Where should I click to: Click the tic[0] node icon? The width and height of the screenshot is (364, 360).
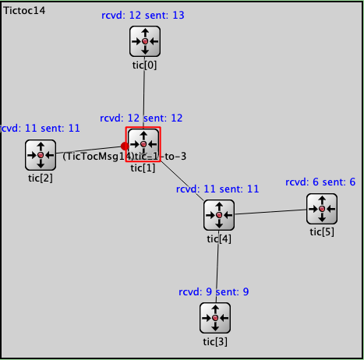point(145,41)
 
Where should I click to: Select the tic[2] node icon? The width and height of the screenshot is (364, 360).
point(41,155)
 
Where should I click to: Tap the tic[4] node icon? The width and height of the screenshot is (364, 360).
point(219,215)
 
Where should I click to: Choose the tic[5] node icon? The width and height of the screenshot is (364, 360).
point(322,209)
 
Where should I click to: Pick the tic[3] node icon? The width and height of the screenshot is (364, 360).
point(215,318)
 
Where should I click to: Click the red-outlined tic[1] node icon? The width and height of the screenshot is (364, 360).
point(143,144)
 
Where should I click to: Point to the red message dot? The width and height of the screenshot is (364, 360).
point(125,146)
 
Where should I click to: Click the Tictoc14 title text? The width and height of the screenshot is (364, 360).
point(24,11)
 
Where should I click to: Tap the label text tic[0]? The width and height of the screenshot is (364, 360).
point(144,65)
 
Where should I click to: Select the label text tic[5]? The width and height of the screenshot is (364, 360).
point(322,232)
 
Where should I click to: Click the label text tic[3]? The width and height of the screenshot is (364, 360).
point(215,341)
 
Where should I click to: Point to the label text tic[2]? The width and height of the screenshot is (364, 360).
point(41,178)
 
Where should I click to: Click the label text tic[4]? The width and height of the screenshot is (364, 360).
point(219,238)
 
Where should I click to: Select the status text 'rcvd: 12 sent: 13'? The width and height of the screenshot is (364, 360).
point(143,16)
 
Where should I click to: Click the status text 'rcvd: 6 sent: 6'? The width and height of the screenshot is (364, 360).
point(320,182)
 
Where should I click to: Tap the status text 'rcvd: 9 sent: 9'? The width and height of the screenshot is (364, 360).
point(214,292)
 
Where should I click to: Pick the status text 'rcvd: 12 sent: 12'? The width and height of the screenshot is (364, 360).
point(141,118)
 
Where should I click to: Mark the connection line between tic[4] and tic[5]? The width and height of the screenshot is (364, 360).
point(270,212)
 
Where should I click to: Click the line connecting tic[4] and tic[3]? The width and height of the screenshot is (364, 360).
point(217,266)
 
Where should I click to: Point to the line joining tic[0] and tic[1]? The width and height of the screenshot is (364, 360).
point(144,92)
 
